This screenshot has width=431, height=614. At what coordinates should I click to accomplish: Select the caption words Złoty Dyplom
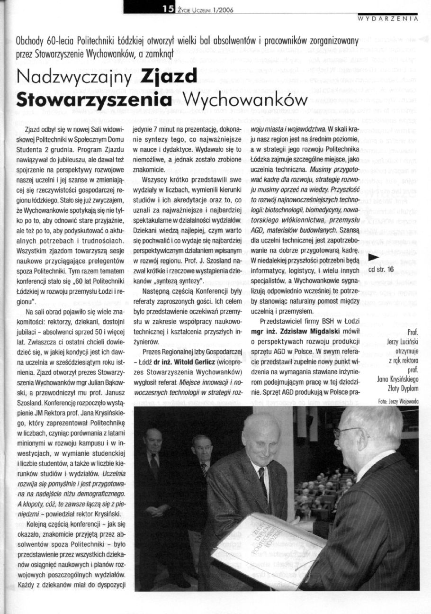pos(402,388)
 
